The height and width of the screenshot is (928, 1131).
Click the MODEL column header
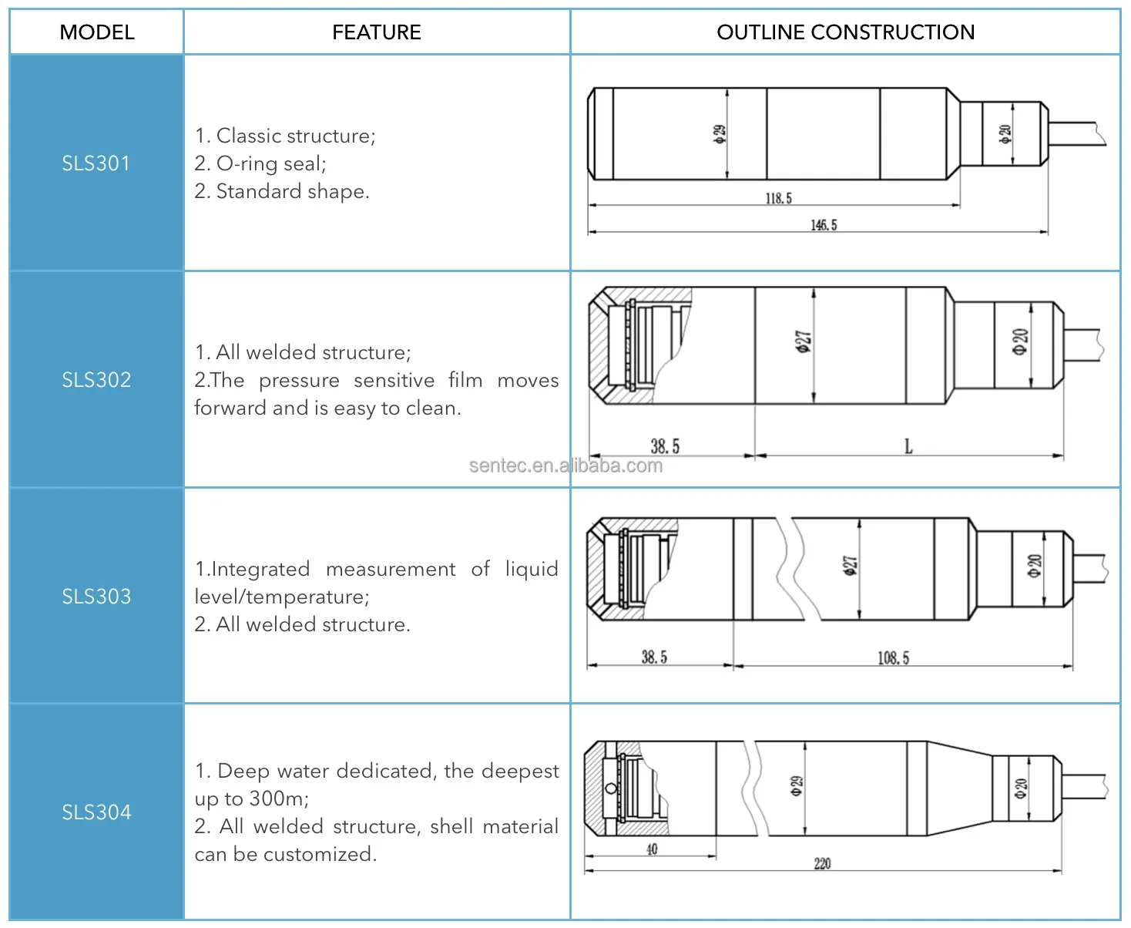coord(97,32)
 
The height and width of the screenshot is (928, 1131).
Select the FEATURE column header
coord(377,32)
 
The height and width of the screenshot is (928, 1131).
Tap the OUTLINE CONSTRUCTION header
coord(845,32)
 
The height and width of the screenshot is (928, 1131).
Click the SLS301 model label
coord(96,163)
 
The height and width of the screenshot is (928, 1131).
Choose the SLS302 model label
coord(96,380)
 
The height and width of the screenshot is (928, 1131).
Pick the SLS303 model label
coord(96,597)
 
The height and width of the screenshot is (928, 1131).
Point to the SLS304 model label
coord(96,812)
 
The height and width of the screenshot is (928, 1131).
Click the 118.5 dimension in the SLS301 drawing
coord(778,199)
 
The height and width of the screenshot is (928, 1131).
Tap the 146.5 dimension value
coord(824,225)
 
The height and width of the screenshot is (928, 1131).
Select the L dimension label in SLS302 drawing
coord(908,446)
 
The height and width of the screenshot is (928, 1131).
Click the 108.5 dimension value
coord(893,657)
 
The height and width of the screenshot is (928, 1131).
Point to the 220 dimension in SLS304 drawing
coord(822,863)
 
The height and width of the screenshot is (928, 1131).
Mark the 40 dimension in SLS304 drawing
coord(652,849)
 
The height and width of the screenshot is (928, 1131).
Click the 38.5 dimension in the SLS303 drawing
coord(654,657)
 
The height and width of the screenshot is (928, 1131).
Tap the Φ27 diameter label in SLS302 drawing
coord(803,341)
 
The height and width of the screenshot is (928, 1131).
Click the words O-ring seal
coord(271,163)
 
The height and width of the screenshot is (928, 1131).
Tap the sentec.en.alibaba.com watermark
coord(565,466)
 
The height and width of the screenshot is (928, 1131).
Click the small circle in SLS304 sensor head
coord(611,788)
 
